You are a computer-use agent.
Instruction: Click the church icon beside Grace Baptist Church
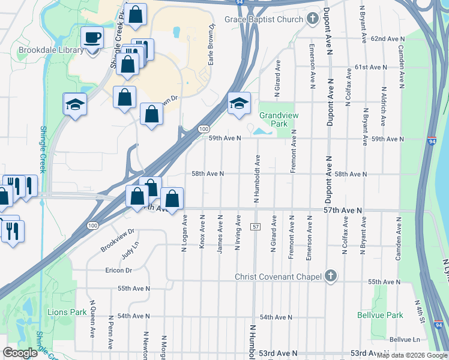click(x=312, y=19)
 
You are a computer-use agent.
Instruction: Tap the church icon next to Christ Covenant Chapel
click(x=330, y=276)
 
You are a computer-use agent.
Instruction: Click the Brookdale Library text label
click(x=51, y=50)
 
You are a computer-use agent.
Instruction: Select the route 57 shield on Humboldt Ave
click(x=256, y=227)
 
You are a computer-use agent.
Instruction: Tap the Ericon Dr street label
click(x=118, y=271)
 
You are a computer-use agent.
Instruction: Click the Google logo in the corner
click(x=20, y=353)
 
